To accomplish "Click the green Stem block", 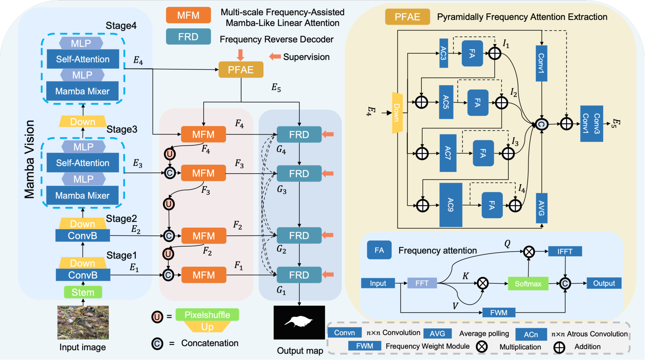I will tap(83, 292).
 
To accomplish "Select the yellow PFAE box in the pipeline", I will tap(241, 70).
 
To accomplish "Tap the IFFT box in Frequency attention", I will tap(565, 251).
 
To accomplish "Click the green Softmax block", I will tap(528, 284).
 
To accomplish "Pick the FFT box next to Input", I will tap(422, 283).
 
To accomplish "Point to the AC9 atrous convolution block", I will tap(451, 205).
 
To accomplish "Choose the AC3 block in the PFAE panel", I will tap(444, 53).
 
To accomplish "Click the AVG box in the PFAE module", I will tap(541, 208).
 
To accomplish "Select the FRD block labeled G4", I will tap(299, 135).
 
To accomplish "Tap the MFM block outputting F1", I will tap(204, 275).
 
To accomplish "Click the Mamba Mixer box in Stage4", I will tap(83, 91).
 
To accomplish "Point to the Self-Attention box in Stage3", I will tap(83, 163).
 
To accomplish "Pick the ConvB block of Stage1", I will tap(83, 275).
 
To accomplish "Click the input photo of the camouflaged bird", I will tap(83, 322).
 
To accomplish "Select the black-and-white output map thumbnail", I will tap(299, 322).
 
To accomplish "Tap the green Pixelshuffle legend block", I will tap(207, 315).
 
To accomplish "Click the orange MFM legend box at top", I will tap(188, 15).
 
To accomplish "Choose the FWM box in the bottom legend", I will tap(365, 346).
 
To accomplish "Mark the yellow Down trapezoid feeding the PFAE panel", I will tap(397, 113).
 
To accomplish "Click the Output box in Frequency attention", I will tap(604, 283).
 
